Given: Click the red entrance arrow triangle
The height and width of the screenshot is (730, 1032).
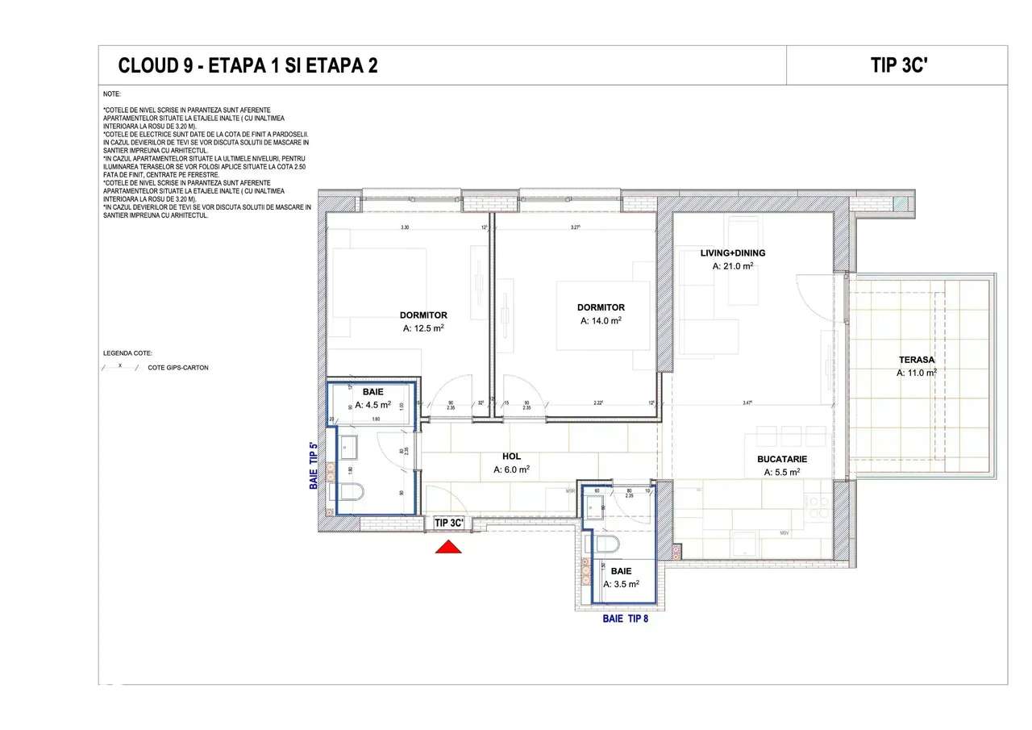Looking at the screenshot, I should pyautogui.click(x=448, y=547).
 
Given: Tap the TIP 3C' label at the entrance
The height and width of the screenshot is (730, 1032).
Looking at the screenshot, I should pyautogui.click(x=449, y=523).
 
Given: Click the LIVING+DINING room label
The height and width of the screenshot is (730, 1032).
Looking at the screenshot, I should pyautogui.click(x=732, y=253).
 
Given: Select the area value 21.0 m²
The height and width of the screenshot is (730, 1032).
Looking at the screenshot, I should pyautogui.click(x=732, y=266).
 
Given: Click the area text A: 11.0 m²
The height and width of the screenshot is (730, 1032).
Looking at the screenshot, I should pyautogui.click(x=916, y=373).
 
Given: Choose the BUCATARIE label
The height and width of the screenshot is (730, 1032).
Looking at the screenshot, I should pyautogui.click(x=781, y=459).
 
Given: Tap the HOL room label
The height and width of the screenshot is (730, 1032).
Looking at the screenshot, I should pyautogui.click(x=511, y=457).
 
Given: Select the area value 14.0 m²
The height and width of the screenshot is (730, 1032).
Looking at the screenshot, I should pyautogui.click(x=601, y=320).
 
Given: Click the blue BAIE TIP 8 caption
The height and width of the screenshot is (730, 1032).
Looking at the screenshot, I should pyautogui.click(x=625, y=619).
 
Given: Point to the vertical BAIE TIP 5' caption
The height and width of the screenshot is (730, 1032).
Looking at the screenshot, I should pyautogui.click(x=314, y=466).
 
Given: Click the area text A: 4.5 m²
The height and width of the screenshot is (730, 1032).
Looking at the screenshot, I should pyautogui.click(x=372, y=405).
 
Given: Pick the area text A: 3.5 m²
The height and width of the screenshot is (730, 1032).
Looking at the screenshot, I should pyautogui.click(x=621, y=584).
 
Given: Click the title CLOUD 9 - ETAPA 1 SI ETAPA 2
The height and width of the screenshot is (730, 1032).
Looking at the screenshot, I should pyautogui.click(x=248, y=65).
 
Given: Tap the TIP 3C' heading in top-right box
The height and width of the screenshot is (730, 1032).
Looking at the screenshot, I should pyautogui.click(x=901, y=65).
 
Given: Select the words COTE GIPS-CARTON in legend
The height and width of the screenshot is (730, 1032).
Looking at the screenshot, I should pyautogui.click(x=177, y=368).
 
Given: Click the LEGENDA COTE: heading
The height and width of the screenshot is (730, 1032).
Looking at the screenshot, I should pyautogui.click(x=127, y=353).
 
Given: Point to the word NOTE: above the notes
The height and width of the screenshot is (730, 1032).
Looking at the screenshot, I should pyautogui.click(x=112, y=94).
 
